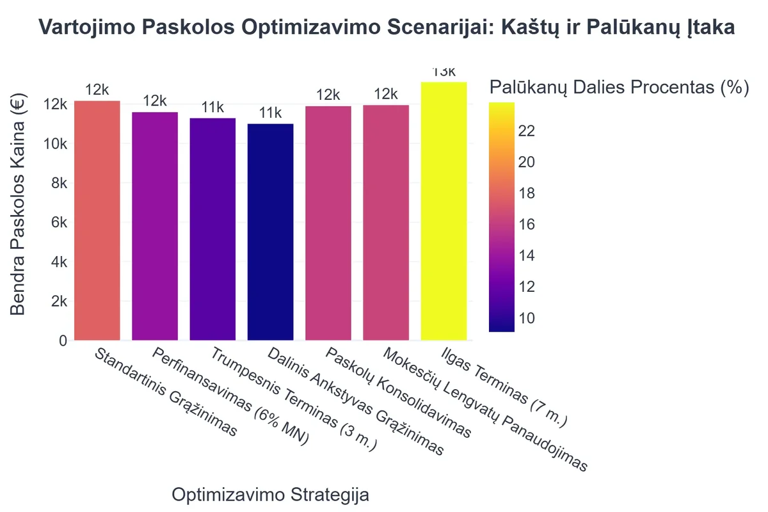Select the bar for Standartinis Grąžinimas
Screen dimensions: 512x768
(97, 221)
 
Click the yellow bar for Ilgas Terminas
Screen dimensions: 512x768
(444, 211)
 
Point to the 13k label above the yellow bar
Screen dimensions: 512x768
(444, 72)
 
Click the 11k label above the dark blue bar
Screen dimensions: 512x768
(270, 113)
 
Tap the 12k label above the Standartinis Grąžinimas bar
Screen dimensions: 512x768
(97, 90)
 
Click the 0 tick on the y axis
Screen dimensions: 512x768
(63, 340)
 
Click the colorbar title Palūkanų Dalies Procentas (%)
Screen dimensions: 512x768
(618, 88)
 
